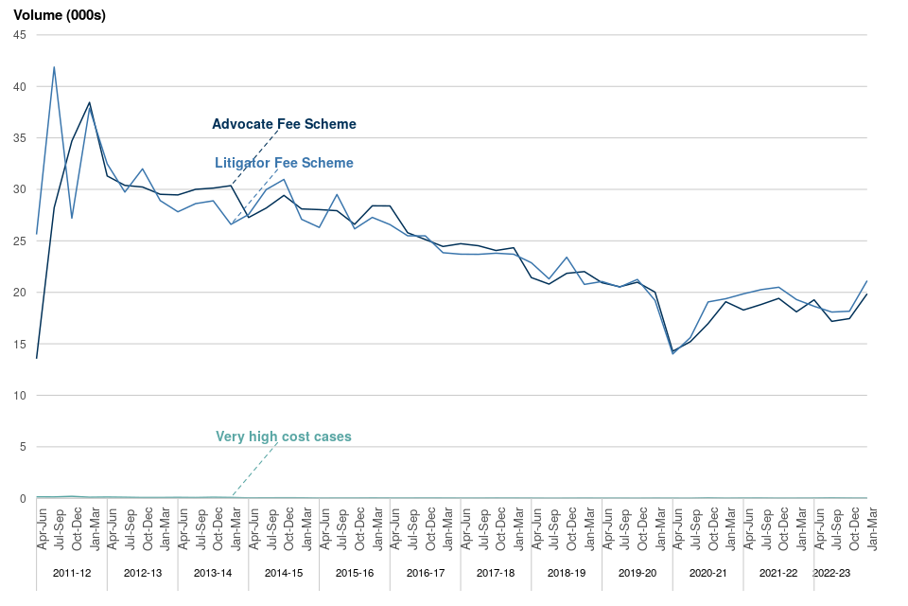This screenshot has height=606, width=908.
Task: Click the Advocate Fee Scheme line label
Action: point(284,124)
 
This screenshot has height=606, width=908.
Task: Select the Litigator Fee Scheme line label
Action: point(284,163)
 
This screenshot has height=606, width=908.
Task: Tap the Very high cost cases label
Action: point(284,437)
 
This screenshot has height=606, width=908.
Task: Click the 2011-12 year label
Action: point(72,573)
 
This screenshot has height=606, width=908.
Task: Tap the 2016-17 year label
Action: point(426,573)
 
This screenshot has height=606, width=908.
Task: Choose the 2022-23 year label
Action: point(831,573)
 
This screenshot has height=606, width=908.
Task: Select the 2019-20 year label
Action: point(637,573)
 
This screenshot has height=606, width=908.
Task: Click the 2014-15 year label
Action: point(284,573)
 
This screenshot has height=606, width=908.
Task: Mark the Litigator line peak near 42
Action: point(54,67)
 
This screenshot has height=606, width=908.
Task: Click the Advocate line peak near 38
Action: point(90,102)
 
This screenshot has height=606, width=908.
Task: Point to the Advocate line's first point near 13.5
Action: point(37,358)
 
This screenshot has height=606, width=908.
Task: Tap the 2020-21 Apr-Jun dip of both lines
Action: point(672,352)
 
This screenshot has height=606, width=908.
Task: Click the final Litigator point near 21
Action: point(866,281)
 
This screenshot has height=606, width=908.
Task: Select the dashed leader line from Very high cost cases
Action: point(255,468)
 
